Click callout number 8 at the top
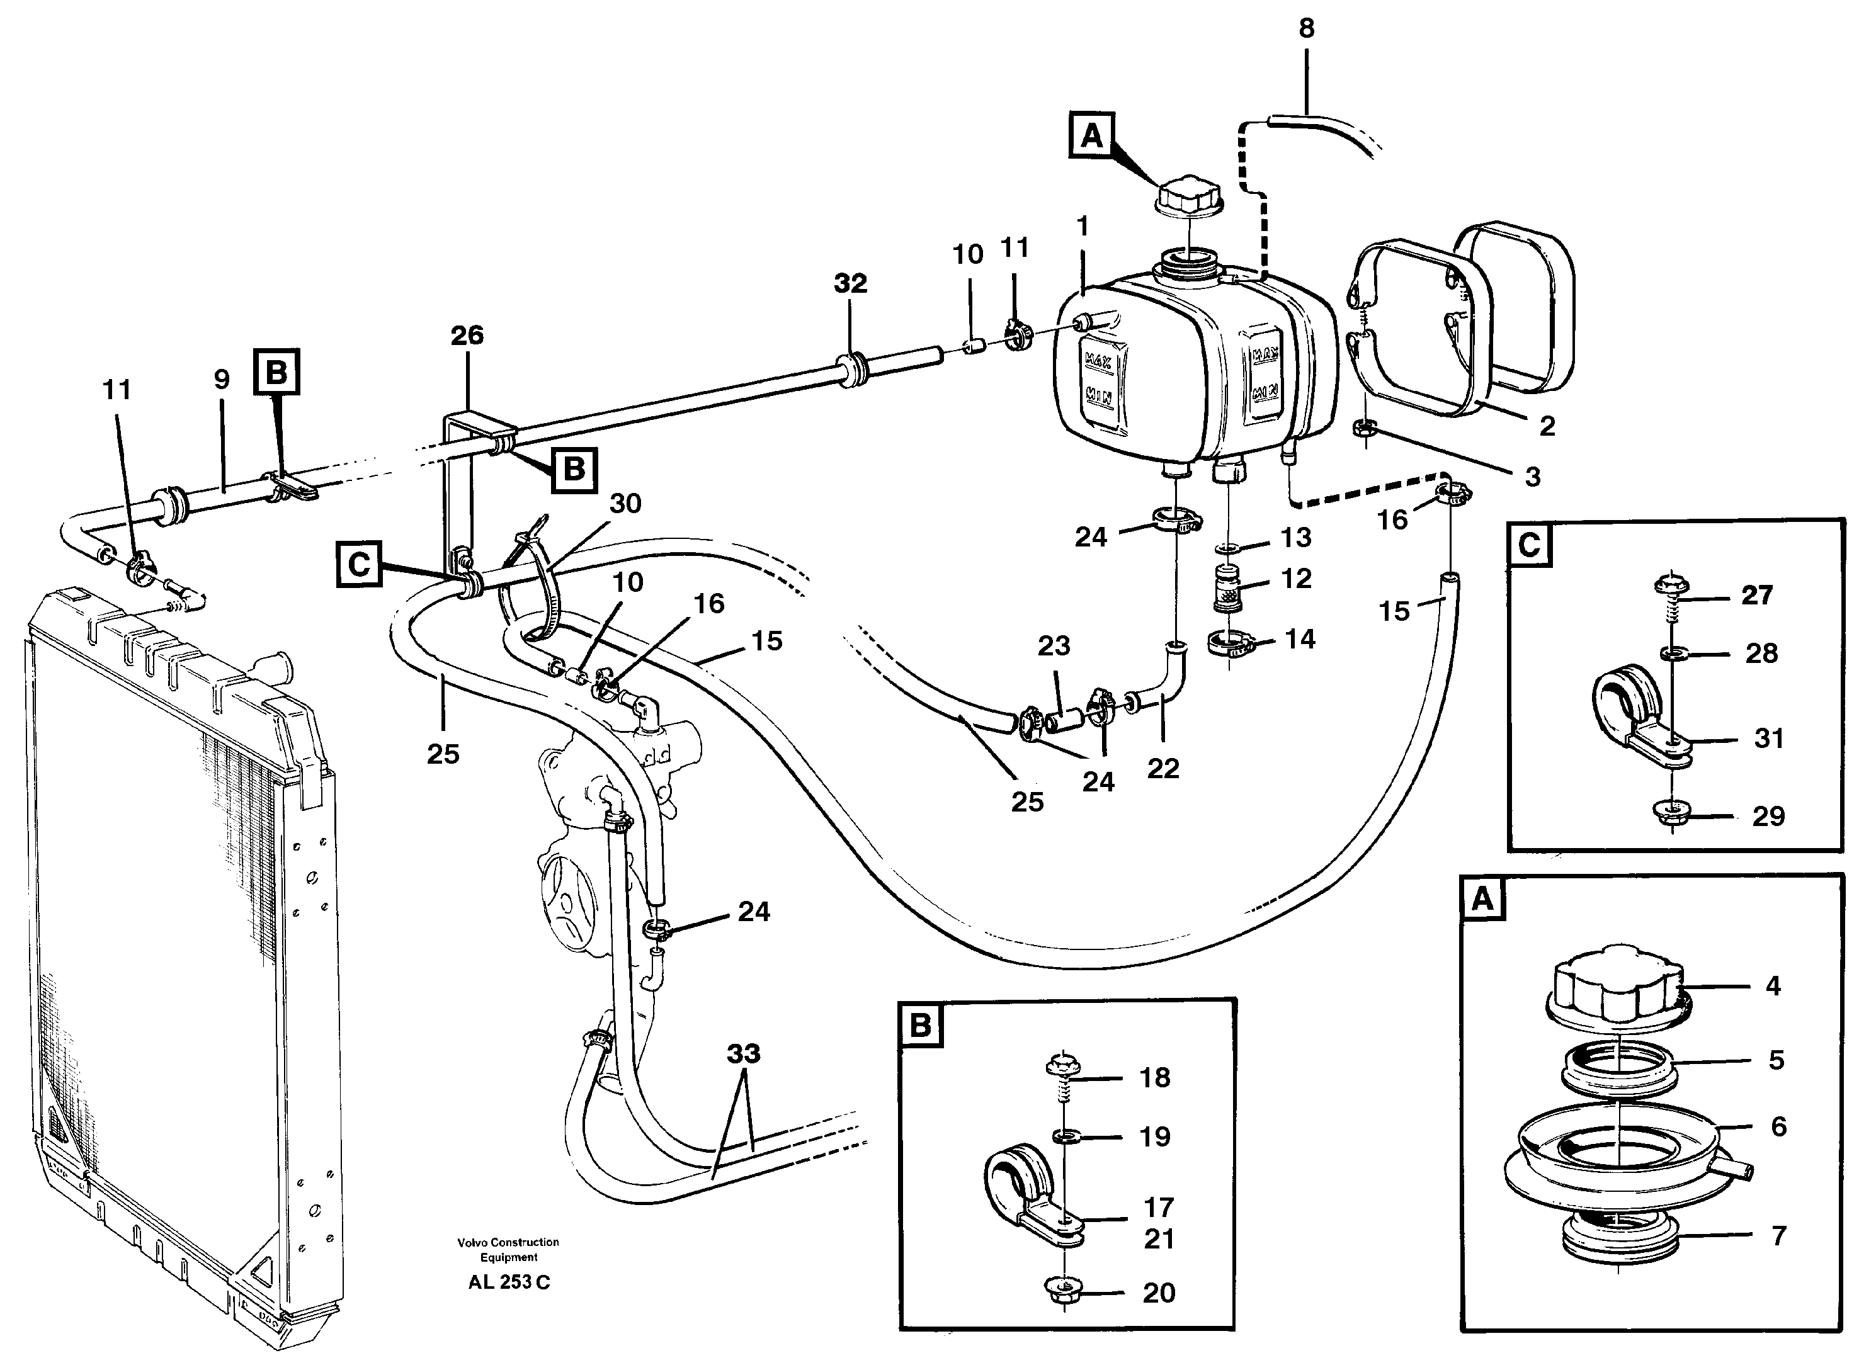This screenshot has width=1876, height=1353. (1306, 28)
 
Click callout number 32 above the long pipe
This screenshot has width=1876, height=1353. (850, 284)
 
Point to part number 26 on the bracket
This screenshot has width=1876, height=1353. (467, 335)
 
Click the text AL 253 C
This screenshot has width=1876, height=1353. (509, 1282)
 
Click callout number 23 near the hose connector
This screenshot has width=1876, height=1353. (1054, 646)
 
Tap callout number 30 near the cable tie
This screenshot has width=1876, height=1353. (625, 503)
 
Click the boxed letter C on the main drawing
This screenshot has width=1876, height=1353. (359, 564)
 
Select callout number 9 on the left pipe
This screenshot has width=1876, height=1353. (221, 380)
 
